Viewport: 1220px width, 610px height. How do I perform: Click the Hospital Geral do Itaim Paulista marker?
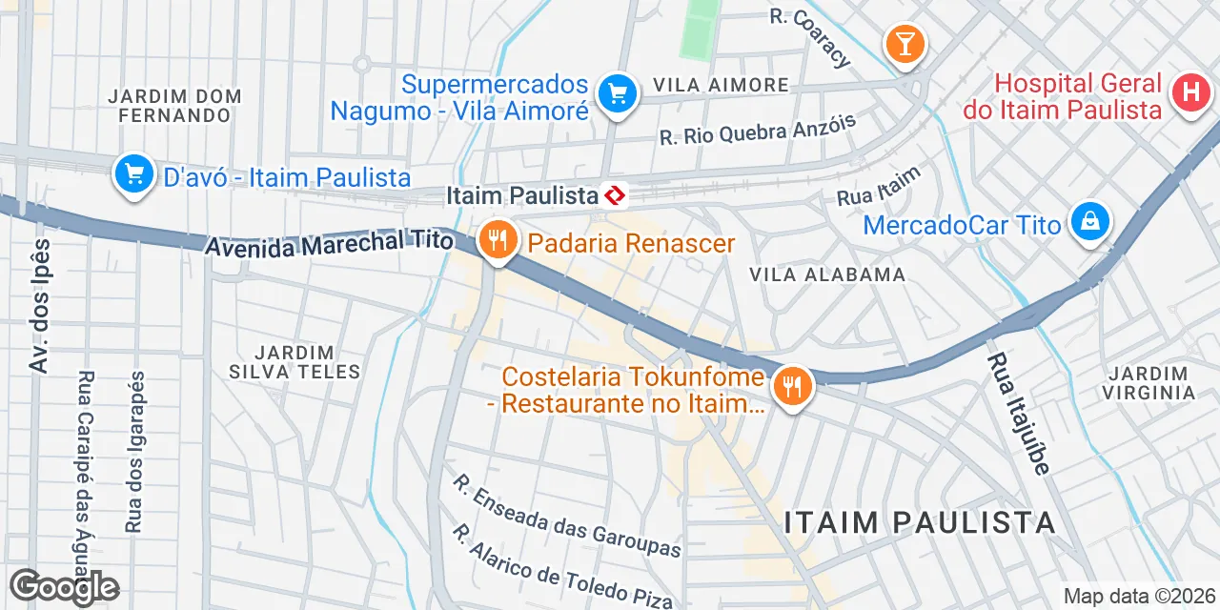[1189, 92]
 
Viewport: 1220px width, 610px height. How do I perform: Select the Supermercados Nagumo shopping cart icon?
[617, 93]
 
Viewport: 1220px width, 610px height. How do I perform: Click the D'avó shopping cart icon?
[134, 174]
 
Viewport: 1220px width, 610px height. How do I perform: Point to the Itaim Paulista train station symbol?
[615, 195]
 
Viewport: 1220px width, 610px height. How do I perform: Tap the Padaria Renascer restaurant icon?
[497, 239]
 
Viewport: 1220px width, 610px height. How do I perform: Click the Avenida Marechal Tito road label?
[329, 243]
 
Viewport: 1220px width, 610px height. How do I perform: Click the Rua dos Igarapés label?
[133, 451]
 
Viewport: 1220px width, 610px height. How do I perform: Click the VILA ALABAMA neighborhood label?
[826, 274]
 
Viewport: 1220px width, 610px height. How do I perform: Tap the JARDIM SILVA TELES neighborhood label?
[295, 362]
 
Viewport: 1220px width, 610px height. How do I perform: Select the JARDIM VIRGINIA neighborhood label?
[1149, 382]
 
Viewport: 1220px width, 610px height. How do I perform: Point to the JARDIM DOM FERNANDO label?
[174, 106]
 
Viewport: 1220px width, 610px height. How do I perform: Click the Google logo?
[64, 588]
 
